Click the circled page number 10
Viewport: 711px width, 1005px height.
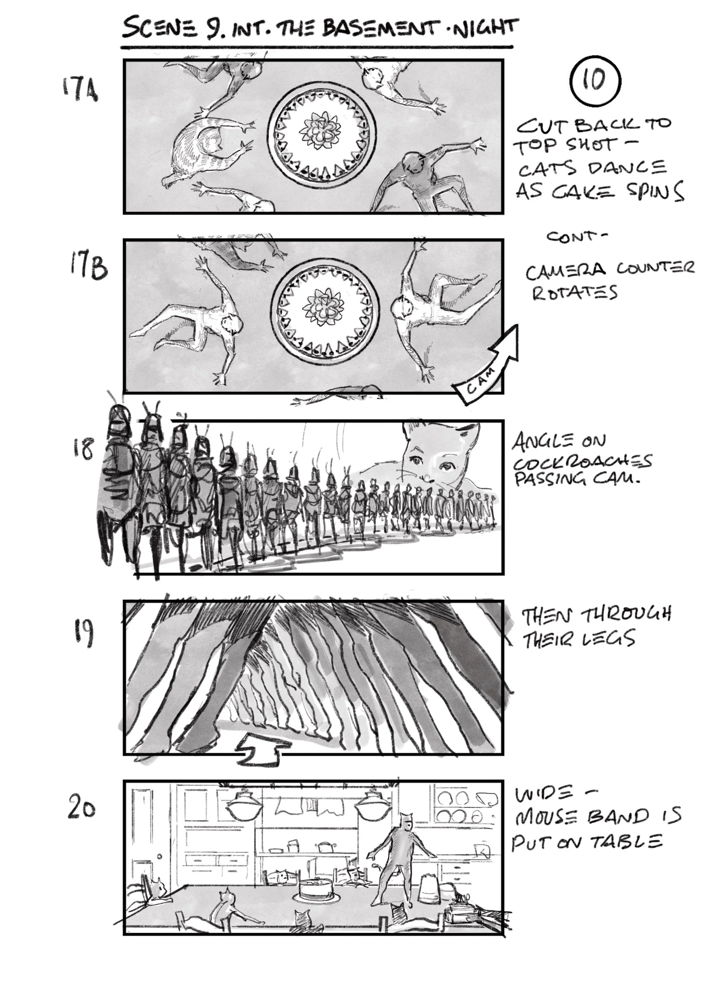[595, 81]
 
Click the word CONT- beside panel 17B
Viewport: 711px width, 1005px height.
[577, 237]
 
